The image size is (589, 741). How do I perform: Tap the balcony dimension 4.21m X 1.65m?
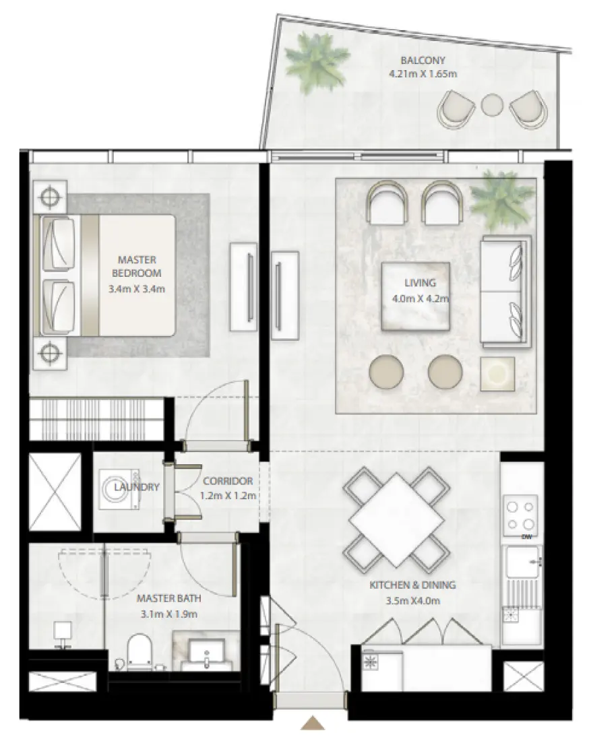tap(423, 73)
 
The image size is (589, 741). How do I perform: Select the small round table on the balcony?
tap(492, 104)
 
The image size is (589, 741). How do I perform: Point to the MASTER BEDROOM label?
tap(137, 266)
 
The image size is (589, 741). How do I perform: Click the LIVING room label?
tap(420, 283)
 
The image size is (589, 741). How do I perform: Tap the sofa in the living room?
tap(505, 292)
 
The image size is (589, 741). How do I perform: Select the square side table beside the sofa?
tap(497, 373)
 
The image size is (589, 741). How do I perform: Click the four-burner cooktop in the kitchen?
tap(520, 514)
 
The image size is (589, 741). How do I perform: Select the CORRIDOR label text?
tap(227, 481)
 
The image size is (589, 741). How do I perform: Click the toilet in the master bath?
tap(139, 651)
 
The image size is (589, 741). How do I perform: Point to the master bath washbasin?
tap(206, 652)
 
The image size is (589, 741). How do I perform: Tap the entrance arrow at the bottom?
tap(312, 723)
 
